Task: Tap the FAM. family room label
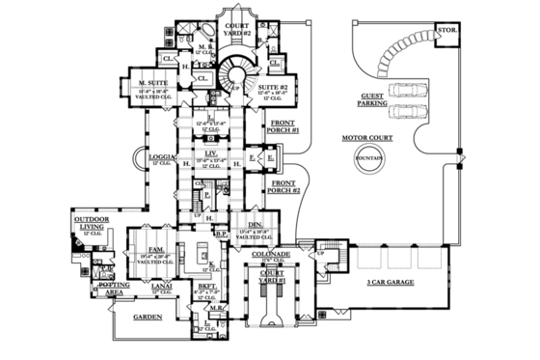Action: point(153,249)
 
